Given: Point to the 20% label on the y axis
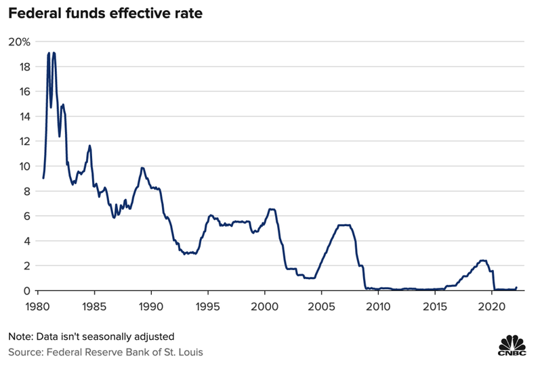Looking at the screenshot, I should coord(20,42).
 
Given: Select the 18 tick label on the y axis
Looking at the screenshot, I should coord(22,66).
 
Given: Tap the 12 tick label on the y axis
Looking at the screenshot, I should coord(22,141).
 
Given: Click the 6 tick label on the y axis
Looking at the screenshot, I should coord(25,216).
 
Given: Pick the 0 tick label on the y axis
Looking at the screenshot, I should coord(25,290).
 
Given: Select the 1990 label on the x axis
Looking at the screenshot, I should coord(151,306).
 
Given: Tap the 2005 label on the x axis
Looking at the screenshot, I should coord(321,306).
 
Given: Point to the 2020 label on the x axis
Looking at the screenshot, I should coord(491,306).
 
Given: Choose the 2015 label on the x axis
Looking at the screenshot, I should coord(434,306).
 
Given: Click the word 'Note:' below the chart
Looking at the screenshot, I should coord(21,336).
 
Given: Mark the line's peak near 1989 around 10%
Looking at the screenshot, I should coord(142,168).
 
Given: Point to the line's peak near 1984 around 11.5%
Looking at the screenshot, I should coord(89,146).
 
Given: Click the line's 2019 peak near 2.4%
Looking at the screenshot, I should coord(482,260).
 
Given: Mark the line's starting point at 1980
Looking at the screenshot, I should coord(43,178).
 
